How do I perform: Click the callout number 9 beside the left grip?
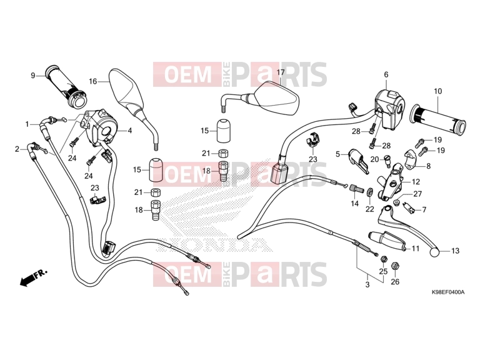coord(33,75)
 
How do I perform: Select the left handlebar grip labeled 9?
coord(66,86)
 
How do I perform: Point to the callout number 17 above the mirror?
coord(281,72)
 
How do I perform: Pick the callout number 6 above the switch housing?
coord(386,75)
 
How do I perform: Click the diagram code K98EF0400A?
coord(448,292)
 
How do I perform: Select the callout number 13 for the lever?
coord(455,251)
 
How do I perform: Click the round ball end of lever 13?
coord(434,252)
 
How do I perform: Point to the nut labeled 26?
coord(395,265)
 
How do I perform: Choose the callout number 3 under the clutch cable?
coord(367,285)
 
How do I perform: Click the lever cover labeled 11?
coord(388,241)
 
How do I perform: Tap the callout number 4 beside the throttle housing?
coord(130,131)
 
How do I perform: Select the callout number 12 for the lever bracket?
coord(416,182)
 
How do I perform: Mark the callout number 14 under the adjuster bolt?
coord(354,203)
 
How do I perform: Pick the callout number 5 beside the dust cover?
coord(337,154)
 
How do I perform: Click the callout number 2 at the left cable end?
coord(17,149)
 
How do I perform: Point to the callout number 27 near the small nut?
coord(417,194)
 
